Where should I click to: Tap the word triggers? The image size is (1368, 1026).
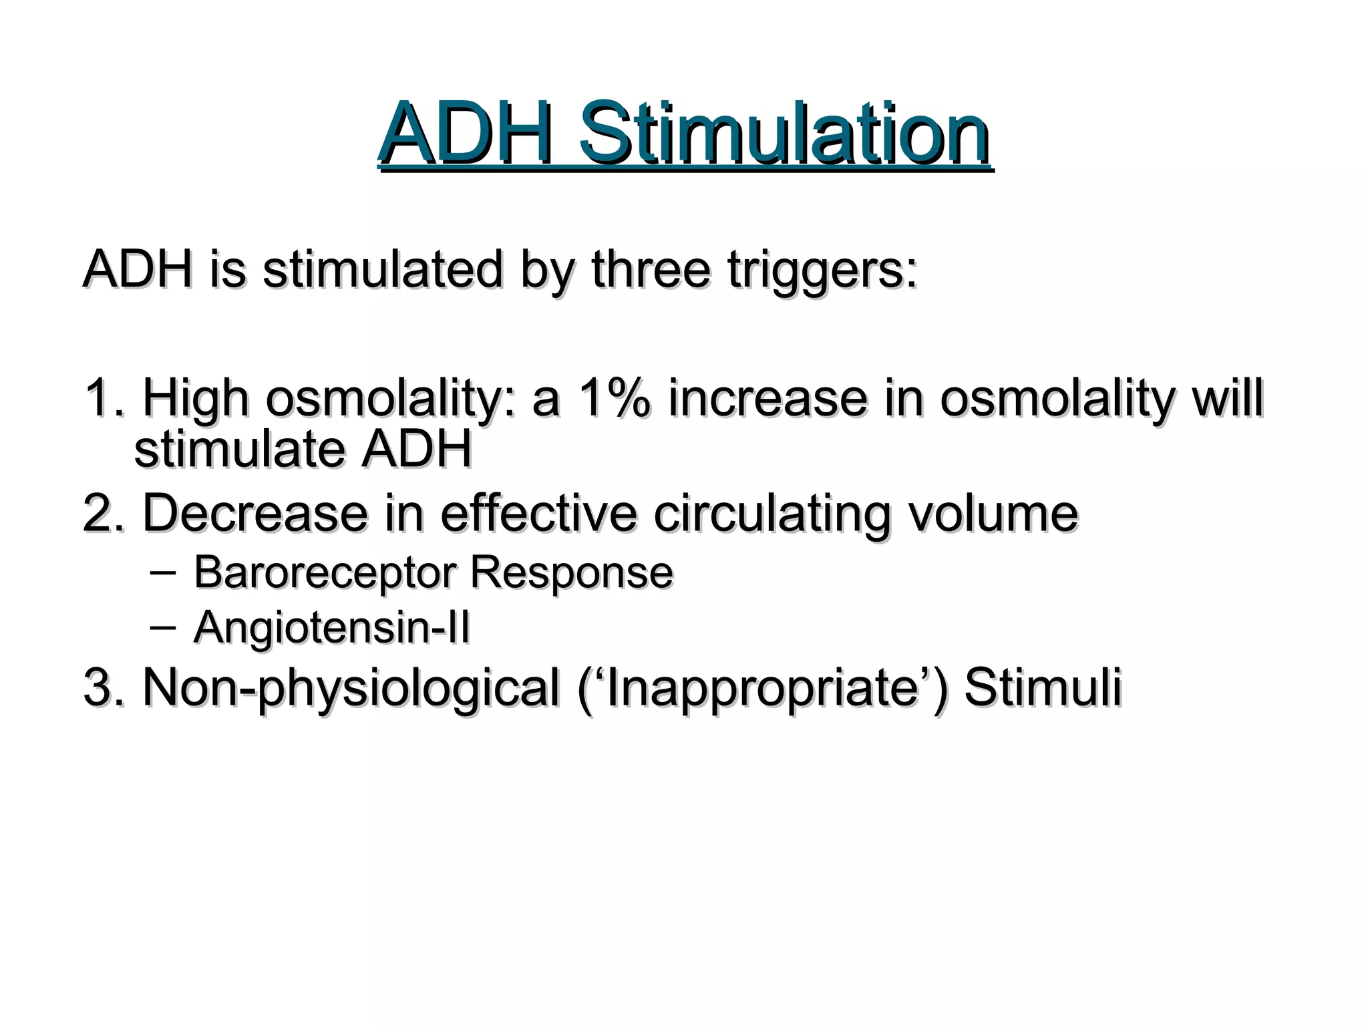tap(822, 271)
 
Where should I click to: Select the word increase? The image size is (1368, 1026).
tap(767, 398)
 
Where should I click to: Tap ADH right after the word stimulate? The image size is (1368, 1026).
tap(417, 449)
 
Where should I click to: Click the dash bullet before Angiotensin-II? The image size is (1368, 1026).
tap(163, 627)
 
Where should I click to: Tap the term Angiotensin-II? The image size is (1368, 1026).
tap(332, 629)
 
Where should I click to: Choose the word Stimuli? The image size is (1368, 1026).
tap(1043, 687)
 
